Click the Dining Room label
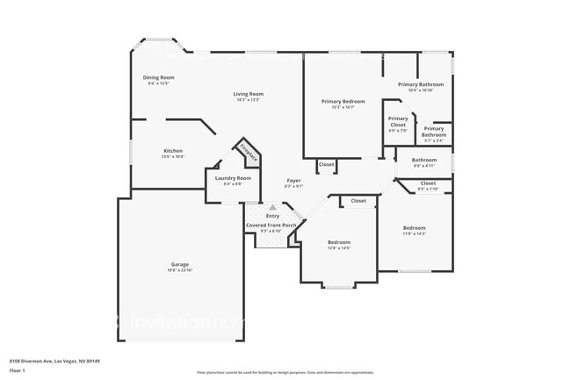159,77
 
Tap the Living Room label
249,94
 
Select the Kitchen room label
173,151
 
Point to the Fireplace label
248,153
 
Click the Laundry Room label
233,178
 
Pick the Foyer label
293,181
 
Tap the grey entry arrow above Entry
272,208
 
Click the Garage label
180,264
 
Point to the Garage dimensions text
180,270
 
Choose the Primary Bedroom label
343,101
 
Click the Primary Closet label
398,121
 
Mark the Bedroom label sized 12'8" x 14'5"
339,242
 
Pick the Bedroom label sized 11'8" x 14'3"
414,227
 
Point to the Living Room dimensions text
249,100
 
